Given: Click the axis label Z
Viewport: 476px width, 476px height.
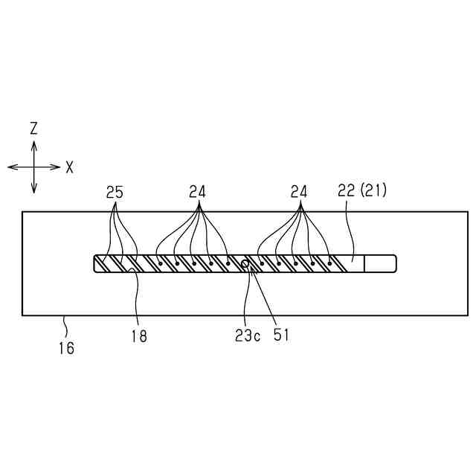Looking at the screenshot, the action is tap(33, 129).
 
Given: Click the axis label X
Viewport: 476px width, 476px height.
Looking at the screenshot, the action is tap(69, 167).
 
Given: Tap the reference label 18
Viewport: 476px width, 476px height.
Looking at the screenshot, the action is tap(138, 336).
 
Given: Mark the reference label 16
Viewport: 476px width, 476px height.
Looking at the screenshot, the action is tap(67, 347).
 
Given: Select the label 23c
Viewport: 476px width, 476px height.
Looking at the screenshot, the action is tap(248, 335).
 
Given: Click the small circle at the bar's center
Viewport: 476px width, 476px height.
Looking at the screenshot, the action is tap(245, 263).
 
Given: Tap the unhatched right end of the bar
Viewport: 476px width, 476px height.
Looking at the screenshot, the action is tap(379, 263).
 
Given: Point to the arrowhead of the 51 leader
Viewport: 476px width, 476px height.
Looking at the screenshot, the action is tap(253, 269).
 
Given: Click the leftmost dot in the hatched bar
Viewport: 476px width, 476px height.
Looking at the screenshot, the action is tap(158, 263).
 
